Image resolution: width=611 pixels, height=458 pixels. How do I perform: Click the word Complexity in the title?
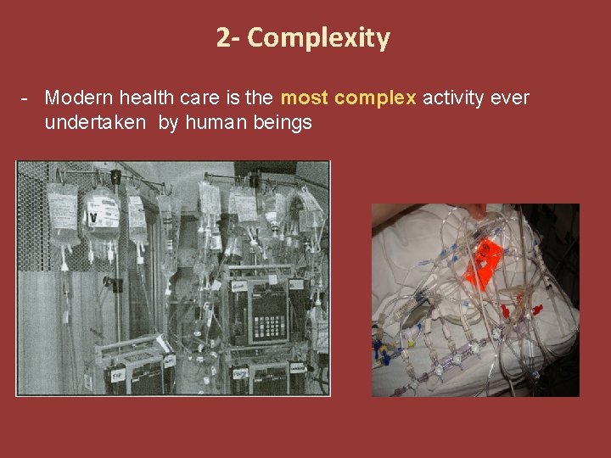tap(319, 38)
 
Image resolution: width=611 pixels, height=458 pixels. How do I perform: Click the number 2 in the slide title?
tap(222, 38)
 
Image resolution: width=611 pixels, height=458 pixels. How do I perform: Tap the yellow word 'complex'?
tap(376, 98)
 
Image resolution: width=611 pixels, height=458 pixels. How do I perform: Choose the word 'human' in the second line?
tap(223, 123)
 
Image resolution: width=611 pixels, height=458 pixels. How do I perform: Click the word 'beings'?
tap(286, 123)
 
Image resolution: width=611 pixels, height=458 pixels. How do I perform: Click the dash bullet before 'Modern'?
tap(27, 98)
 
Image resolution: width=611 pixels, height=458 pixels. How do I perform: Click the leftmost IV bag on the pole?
tap(63, 212)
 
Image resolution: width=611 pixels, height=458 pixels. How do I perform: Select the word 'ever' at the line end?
tap(510, 98)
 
